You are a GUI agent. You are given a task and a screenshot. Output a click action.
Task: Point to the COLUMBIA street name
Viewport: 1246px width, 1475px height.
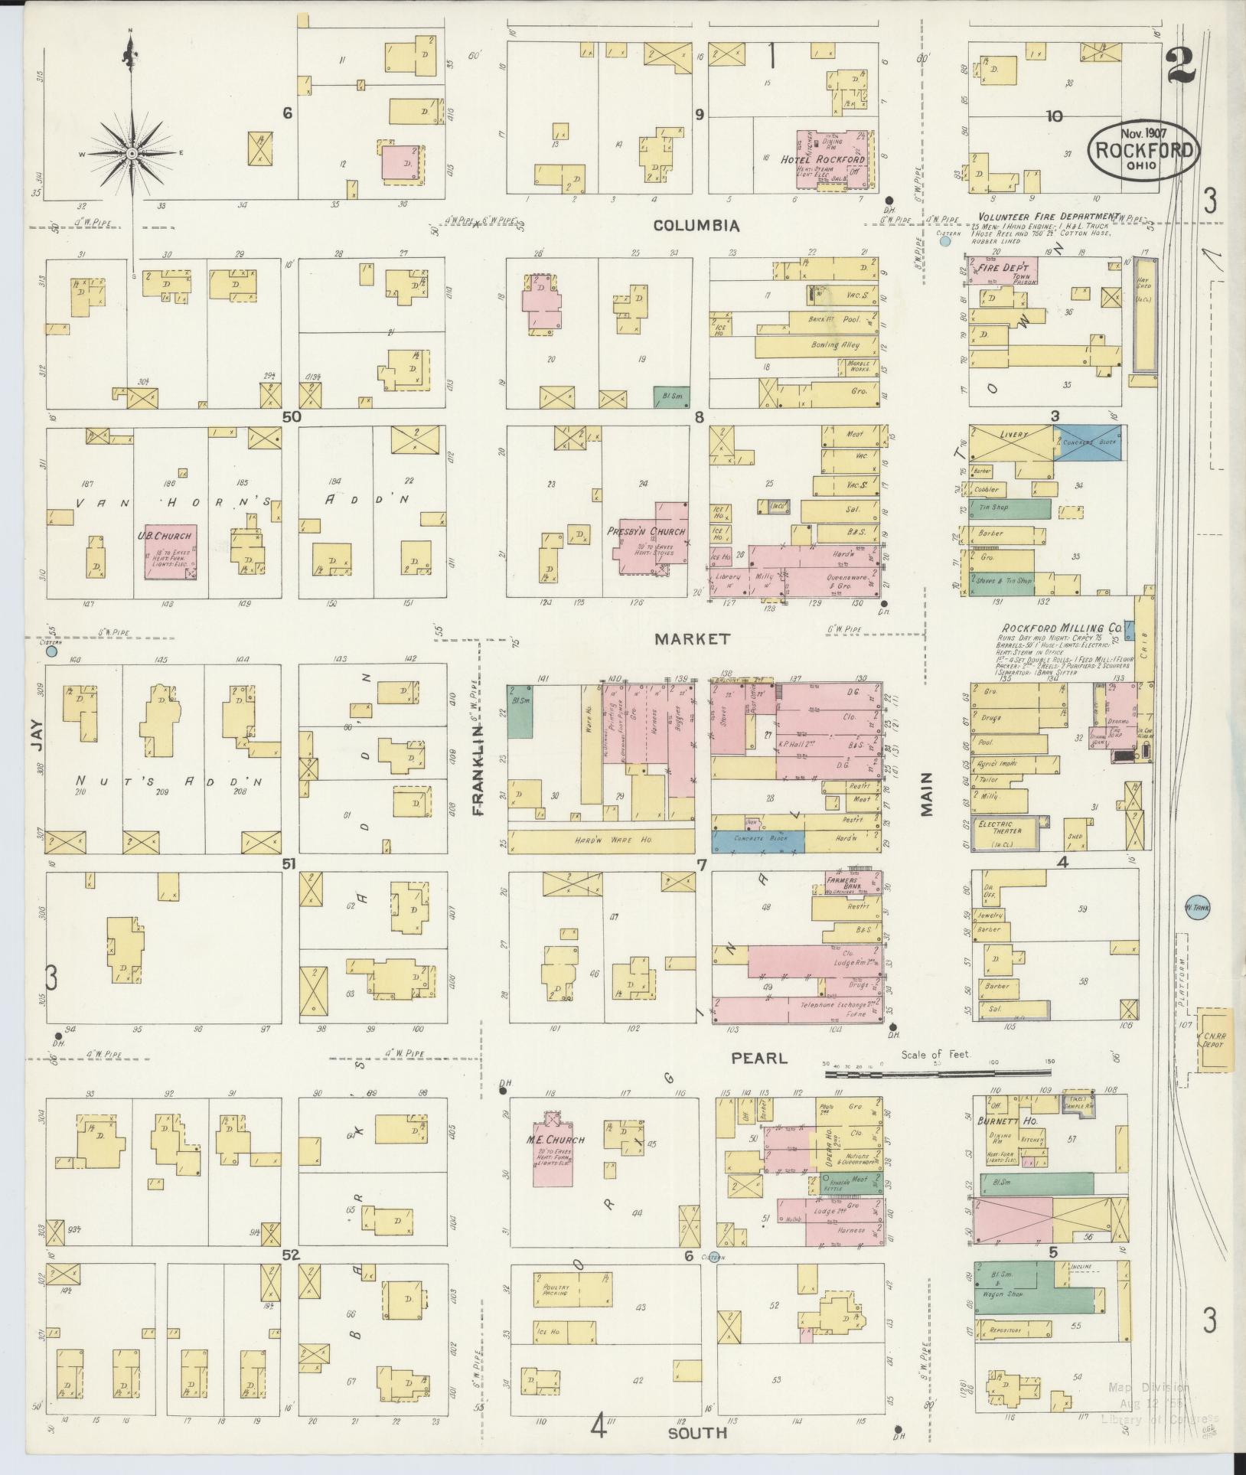[696, 226]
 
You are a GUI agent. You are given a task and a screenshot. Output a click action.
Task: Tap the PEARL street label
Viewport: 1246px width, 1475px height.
[758, 1059]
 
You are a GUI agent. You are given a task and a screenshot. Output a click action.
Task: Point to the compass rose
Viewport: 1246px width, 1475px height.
[132, 153]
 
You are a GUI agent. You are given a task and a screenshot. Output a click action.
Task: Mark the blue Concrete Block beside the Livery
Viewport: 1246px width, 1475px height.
[1090, 442]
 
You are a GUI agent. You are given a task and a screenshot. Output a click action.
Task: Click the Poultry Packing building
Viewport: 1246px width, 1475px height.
[572, 1288]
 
